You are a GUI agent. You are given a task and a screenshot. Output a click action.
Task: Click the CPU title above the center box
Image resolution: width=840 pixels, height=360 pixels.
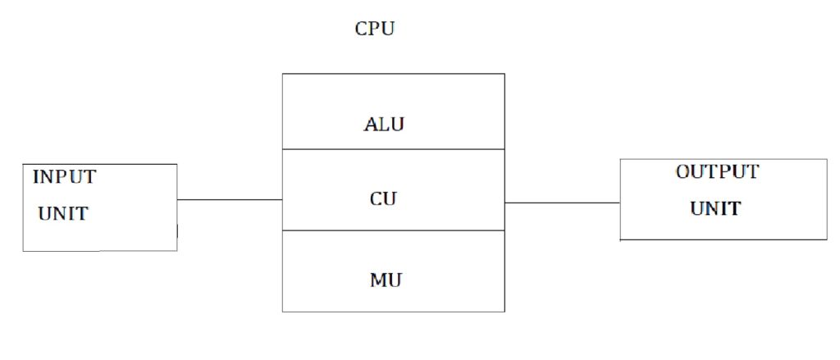coord(375,30)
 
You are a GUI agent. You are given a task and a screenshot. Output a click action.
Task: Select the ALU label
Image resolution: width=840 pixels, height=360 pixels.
coord(384,125)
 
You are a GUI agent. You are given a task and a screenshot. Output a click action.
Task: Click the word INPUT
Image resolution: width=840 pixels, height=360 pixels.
coord(64,176)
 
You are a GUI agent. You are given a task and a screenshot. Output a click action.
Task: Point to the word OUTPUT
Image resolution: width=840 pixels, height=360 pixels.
coord(717,172)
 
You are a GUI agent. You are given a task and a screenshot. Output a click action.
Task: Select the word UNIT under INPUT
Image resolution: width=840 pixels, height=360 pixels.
coord(62,214)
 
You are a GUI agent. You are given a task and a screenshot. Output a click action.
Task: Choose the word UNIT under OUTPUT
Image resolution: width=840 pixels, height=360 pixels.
coord(714,208)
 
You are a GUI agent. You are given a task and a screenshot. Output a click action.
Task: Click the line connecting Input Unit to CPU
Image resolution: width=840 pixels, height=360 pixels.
coord(230,199)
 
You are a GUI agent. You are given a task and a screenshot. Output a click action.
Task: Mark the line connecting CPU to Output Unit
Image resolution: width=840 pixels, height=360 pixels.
coord(562,203)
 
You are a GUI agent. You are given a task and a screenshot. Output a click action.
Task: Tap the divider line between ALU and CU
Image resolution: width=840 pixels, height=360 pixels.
coord(393,149)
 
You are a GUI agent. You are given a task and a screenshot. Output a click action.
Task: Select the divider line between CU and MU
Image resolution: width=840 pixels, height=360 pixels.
coord(393,230)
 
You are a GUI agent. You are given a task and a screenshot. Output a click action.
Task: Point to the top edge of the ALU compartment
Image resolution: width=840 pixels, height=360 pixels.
coord(393,74)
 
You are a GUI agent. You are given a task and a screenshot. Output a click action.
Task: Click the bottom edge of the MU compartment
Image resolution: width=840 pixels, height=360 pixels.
coord(393,312)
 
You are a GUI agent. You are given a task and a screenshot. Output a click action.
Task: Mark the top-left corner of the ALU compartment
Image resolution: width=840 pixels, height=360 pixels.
coord(282,74)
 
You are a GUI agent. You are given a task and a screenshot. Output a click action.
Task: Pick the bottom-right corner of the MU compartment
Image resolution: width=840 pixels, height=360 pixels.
coord(504,312)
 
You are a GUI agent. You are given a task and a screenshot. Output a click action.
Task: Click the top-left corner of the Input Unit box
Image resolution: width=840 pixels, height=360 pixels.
coord(23,164)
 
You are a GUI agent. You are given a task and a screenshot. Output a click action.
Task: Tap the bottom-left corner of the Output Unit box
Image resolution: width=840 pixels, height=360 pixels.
coord(620,239)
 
